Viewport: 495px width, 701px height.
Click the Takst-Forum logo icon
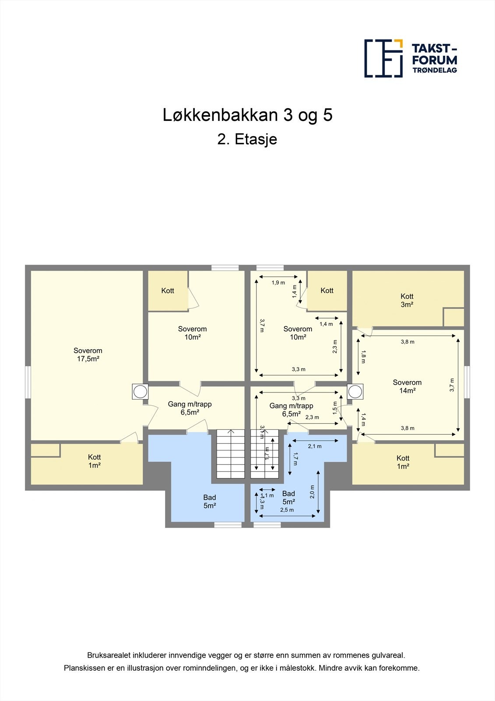[x=383, y=58]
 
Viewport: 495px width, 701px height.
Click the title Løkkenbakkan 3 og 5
[x=247, y=115]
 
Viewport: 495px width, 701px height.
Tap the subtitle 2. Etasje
[x=247, y=139]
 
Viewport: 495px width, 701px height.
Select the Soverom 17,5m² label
[x=88, y=354]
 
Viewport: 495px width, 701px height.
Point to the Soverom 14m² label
[x=407, y=386]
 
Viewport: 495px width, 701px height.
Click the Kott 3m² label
[x=407, y=300]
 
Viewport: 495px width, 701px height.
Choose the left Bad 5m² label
[x=210, y=501]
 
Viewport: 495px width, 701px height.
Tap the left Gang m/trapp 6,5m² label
[x=190, y=408]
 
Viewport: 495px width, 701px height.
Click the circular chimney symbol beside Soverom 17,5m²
[x=140, y=391]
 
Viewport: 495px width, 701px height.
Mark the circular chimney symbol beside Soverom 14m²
[x=355, y=391]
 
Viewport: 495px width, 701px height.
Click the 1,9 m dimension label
[x=278, y=283]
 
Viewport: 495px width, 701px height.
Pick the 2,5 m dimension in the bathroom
[x=287, y=510]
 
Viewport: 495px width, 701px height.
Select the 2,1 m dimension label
[x=315, y=446]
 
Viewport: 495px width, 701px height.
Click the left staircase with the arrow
[x=231, y=454]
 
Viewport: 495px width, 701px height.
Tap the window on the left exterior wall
[x=28, y=382]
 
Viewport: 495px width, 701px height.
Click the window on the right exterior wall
[x=467, y=382]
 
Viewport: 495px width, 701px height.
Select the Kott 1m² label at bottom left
[x=94, y=461]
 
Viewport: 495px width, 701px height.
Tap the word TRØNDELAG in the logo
[x=435, y=70]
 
